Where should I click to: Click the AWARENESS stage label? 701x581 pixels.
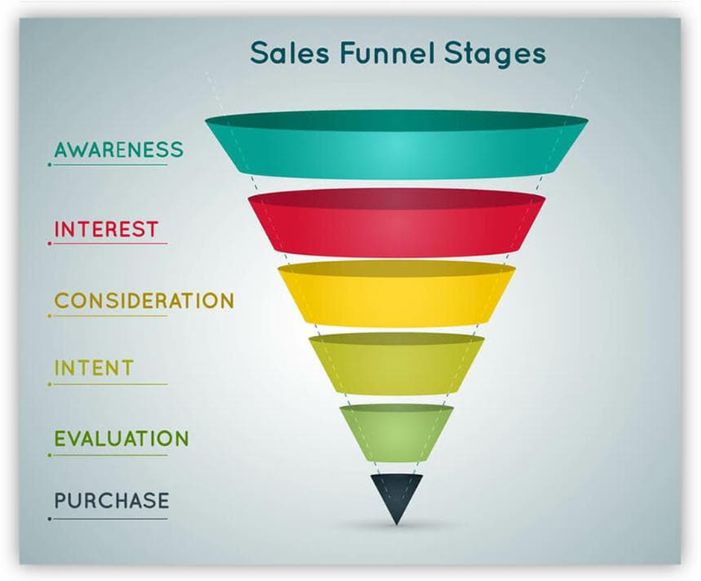[x=119, y=149]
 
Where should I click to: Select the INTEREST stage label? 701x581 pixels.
[x=106, y=229]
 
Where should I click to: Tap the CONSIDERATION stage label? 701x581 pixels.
[x=144, y=301]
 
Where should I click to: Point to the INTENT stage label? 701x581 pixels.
[x=94, y=368]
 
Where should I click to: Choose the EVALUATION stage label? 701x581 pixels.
[x=122, y=438]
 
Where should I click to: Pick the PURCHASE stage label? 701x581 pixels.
[x=112, y=501]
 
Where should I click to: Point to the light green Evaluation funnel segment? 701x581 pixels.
[x=396, y=432]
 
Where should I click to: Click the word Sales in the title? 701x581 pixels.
[x=286, y=54]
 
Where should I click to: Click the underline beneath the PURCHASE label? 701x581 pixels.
[x=109, y=518]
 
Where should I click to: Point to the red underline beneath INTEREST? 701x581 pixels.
[x=109, y=244]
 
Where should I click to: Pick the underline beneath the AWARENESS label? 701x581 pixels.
[x=109, y=164]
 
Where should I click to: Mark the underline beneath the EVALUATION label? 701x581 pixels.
[x=109, y=454]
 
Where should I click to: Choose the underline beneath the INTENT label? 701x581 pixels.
[x=109, y=384]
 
